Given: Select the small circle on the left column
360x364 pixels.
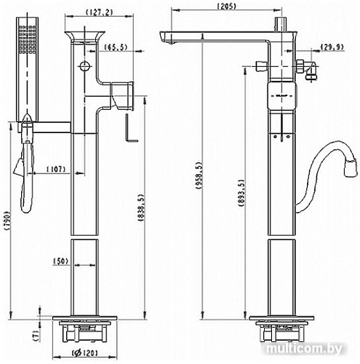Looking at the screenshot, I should coord(86,67).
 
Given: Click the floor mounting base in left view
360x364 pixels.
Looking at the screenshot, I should coord(85,328).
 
